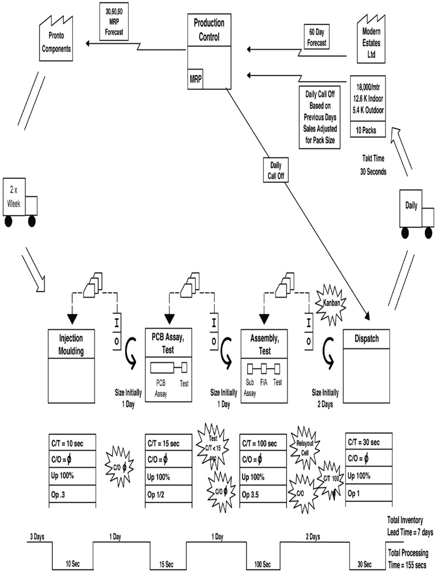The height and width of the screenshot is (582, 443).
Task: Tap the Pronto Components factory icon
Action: tap(55, 43)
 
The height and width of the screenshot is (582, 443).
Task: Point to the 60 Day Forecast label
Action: tap(317, 36)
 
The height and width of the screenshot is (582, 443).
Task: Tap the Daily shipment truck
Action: tap(417, 213)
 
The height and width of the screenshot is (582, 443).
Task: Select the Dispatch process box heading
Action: tap(367, 339)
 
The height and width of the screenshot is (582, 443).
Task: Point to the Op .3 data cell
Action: tap(72, 494)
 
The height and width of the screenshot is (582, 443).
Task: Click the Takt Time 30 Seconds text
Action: tap(374, 165)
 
